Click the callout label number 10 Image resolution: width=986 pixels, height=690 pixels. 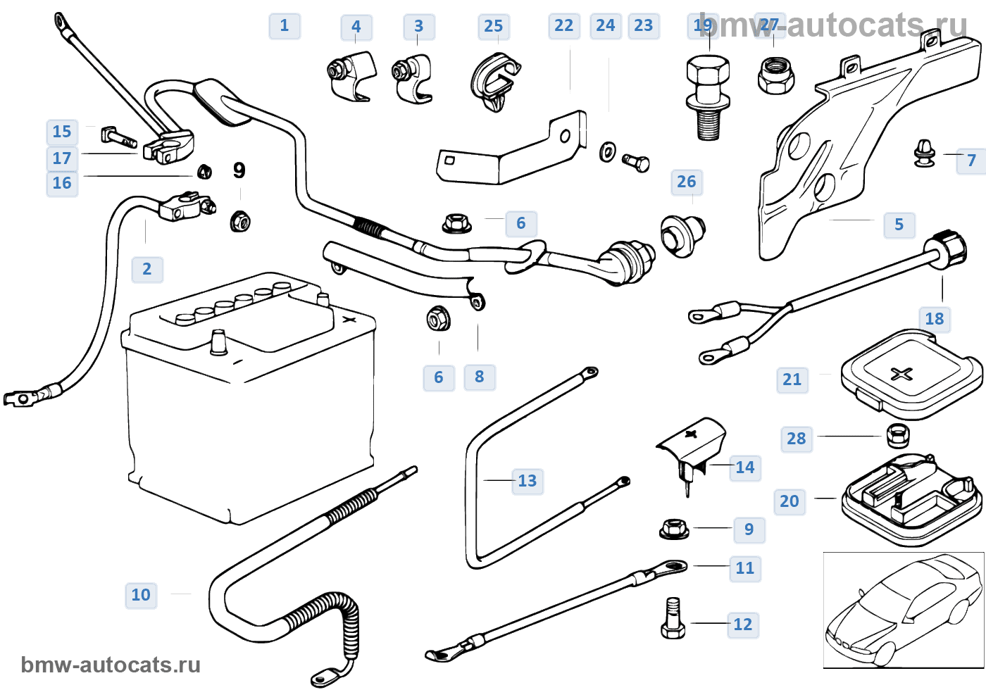point(141,595)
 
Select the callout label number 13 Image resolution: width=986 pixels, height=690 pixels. point(528,481)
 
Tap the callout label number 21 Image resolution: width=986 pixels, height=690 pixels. point(792,379)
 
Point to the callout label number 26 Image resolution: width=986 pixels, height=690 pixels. point(687,182)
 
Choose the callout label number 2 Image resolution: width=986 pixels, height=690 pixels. point(147,269)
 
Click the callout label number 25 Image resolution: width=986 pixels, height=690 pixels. point(494,26)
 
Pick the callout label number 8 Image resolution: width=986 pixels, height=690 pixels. point(480,377)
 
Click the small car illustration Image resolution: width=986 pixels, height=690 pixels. point(903,610)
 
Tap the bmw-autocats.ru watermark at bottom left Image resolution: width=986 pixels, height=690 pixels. point(111,665)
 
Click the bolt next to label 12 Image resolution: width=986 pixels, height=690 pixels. point(673,619)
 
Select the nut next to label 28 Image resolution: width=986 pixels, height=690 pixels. point(898,435)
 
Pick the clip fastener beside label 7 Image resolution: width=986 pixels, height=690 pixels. point(924,153)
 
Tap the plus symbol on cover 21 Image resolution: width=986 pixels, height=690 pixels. point(901,373)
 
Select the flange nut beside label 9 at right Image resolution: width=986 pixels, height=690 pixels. point(674,529)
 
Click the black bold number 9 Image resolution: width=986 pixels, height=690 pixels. point(239,170)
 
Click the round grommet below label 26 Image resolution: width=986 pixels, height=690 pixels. point(682,235)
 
